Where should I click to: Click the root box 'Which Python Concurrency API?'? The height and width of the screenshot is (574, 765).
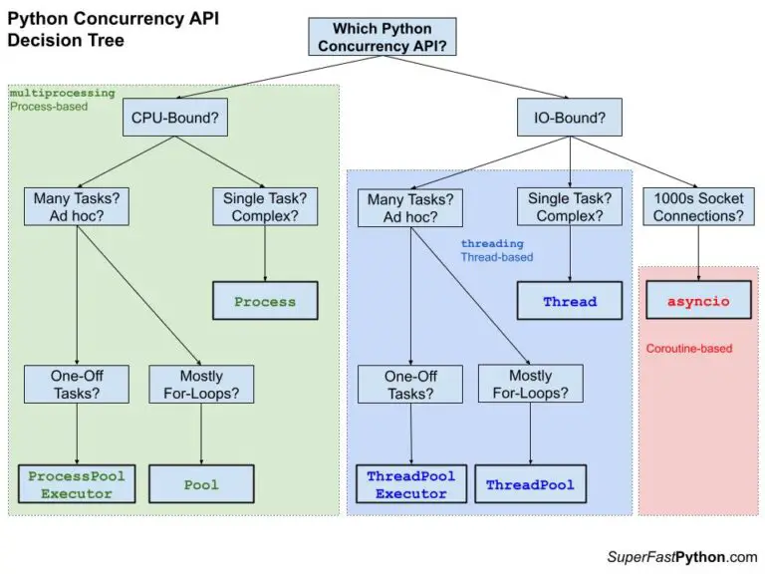click(383, 38)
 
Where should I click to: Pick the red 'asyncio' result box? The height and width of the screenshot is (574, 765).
click(698, 300)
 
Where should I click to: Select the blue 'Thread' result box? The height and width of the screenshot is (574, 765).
click(570, 301)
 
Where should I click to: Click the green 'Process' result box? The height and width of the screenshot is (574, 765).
click(265, 301)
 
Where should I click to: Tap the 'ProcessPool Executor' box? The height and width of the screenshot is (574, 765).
click(77, 484)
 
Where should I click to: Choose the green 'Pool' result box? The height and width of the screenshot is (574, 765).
click(201, 484)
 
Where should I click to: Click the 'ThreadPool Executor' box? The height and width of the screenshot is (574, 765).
click(411, 484)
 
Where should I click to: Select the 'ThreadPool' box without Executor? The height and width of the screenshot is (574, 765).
click(529, 485)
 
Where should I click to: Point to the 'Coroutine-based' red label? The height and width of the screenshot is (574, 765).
click(689, 349)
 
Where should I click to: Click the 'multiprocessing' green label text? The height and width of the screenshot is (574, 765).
click(62, 93)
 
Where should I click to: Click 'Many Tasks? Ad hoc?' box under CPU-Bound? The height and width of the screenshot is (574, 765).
click(76, 208)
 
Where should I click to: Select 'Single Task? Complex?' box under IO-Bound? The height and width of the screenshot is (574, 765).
click(570, 208)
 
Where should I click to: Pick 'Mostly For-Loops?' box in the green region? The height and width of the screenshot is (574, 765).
click(201, 385)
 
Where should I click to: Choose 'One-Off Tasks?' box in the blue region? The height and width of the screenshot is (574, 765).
click(410, 385)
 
